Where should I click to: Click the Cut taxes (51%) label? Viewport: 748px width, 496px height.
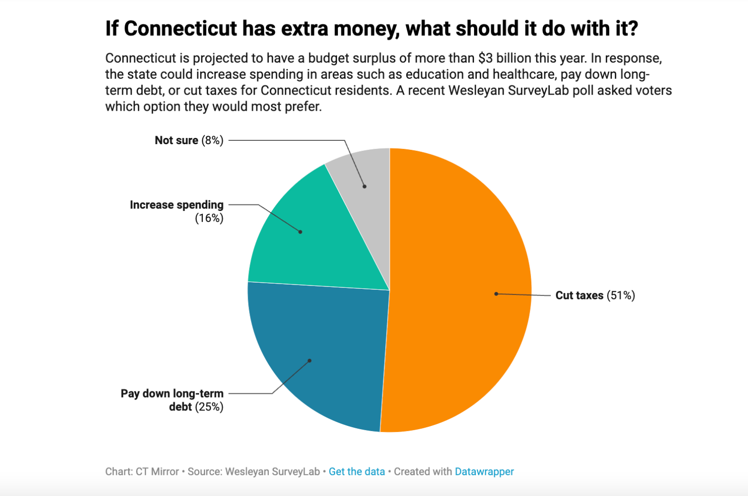coord(595,295)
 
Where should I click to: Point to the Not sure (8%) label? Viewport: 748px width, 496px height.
coord(189,140)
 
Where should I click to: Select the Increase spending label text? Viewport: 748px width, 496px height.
coord(177,205)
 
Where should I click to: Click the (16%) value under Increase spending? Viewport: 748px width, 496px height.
coord(209,218)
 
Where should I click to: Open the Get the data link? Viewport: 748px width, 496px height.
coord(357,472)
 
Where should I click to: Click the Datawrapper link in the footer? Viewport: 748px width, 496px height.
coord(484,472)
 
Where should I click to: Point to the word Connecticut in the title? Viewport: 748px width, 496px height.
coord(180,29)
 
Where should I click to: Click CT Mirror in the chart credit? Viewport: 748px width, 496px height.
coord(157,472)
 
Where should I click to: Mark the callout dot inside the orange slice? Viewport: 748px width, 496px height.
coord(496,294)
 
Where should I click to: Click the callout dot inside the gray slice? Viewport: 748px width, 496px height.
coord(365,186)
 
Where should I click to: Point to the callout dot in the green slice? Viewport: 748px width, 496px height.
coord(300,232)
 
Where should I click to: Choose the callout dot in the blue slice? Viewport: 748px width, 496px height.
coord(309,360)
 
